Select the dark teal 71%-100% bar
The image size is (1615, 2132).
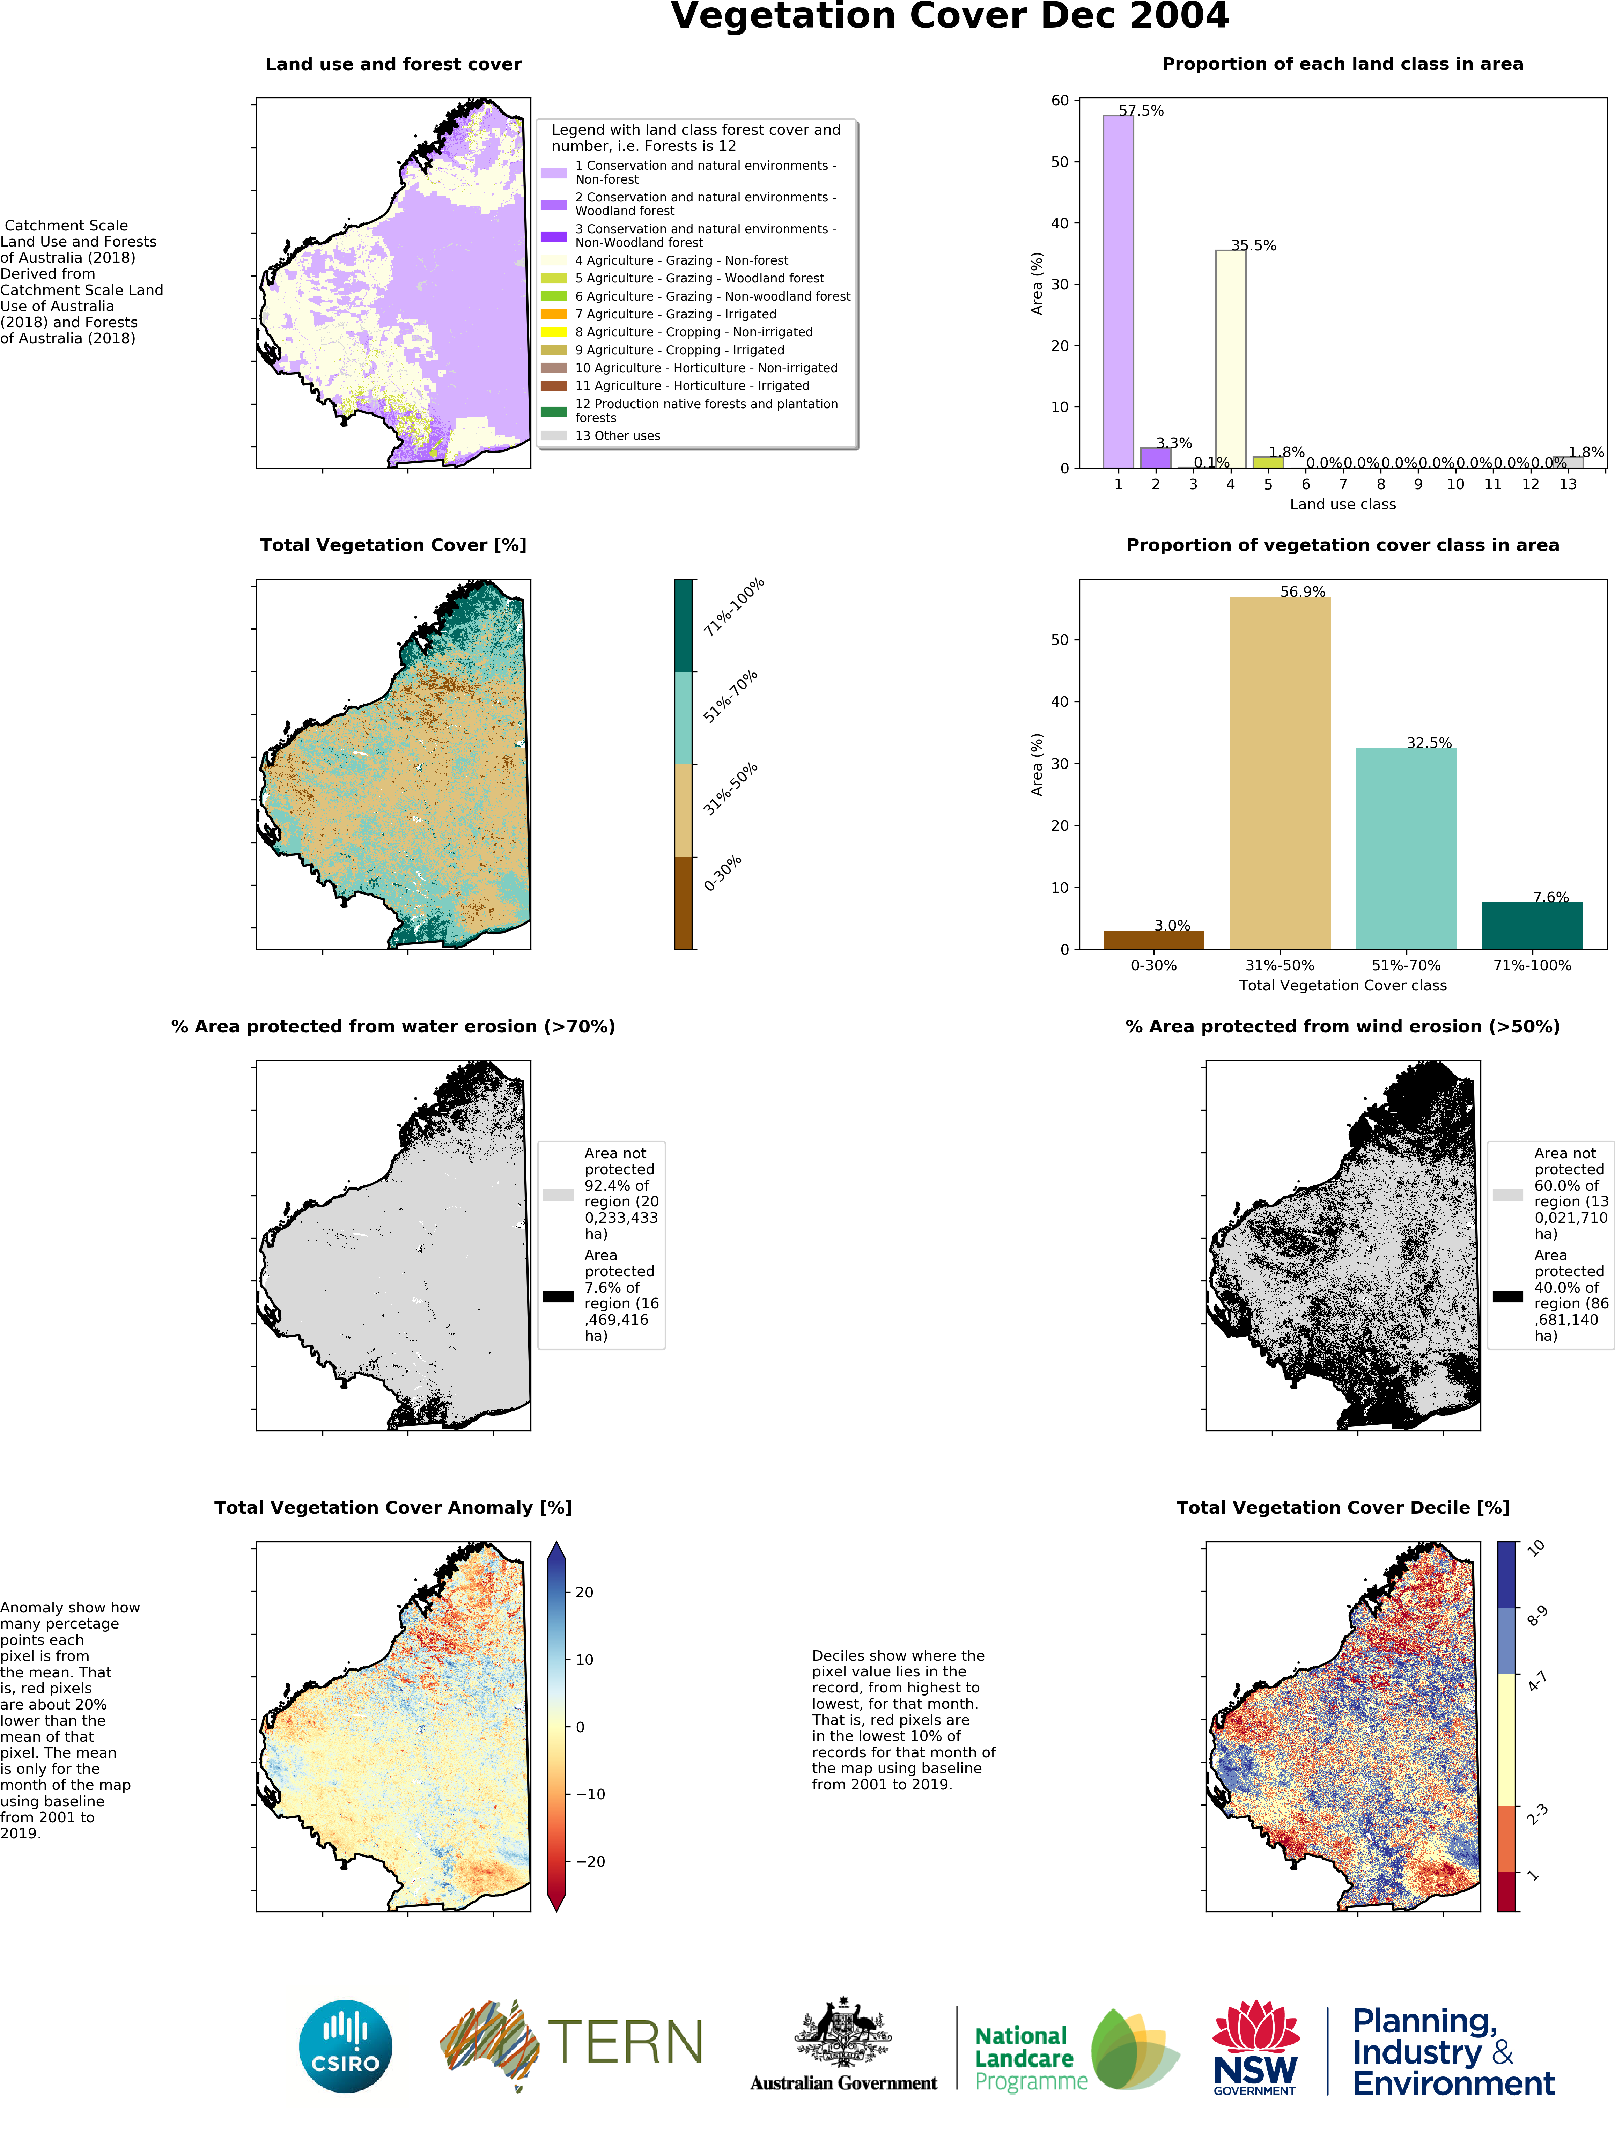[x=1532, y=925]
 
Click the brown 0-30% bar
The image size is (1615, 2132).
[x=1153, y=940]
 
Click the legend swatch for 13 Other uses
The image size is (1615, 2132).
[x=553, y=436]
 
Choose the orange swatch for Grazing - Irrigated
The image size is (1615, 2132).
[x=553, y=314]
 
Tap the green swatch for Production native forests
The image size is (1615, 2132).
[x=553, y=412]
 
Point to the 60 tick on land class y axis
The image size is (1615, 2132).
[x=1060, y=100]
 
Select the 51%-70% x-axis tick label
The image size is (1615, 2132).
[x=1406, y=965]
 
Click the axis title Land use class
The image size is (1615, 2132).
[x=1342, y=504]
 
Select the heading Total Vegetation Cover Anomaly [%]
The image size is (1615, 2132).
[x=393, y=1507]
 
